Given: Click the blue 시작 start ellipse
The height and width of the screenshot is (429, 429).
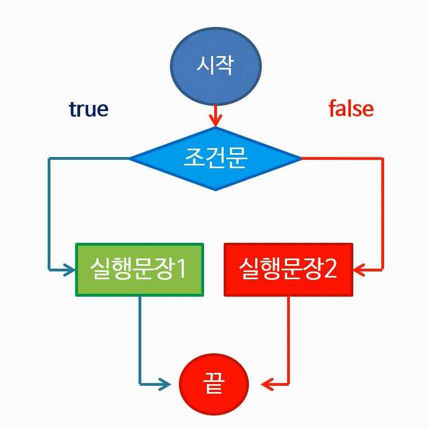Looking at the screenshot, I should (x=215, y=65).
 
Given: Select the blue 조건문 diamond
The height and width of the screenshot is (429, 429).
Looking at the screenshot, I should (x=215, y=159).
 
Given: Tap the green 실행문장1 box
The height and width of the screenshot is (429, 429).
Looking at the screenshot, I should (x=140, y=270).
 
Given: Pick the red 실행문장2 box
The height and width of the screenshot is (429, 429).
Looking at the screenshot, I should (x=288, y=270).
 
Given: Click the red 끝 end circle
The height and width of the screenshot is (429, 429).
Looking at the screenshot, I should (x=214, y=385).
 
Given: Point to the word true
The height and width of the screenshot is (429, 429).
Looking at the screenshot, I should (x=89, y=109).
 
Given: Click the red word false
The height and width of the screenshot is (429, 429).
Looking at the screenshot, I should (x=351, y=109).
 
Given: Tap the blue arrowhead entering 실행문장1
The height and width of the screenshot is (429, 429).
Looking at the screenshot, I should (x=70, y=270).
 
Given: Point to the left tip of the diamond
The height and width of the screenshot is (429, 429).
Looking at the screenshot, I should (x=131, y=159).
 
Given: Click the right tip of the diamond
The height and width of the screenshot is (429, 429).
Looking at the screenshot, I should (x=301, y=159).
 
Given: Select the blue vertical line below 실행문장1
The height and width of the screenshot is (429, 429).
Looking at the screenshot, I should (x=140, y=336).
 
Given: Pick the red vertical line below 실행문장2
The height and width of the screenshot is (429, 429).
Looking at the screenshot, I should (x=289, y=336).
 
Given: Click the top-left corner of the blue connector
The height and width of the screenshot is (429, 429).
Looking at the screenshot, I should (x=49, y=159).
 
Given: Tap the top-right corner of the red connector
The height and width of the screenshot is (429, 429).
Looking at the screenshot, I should (x=382, y=159).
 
